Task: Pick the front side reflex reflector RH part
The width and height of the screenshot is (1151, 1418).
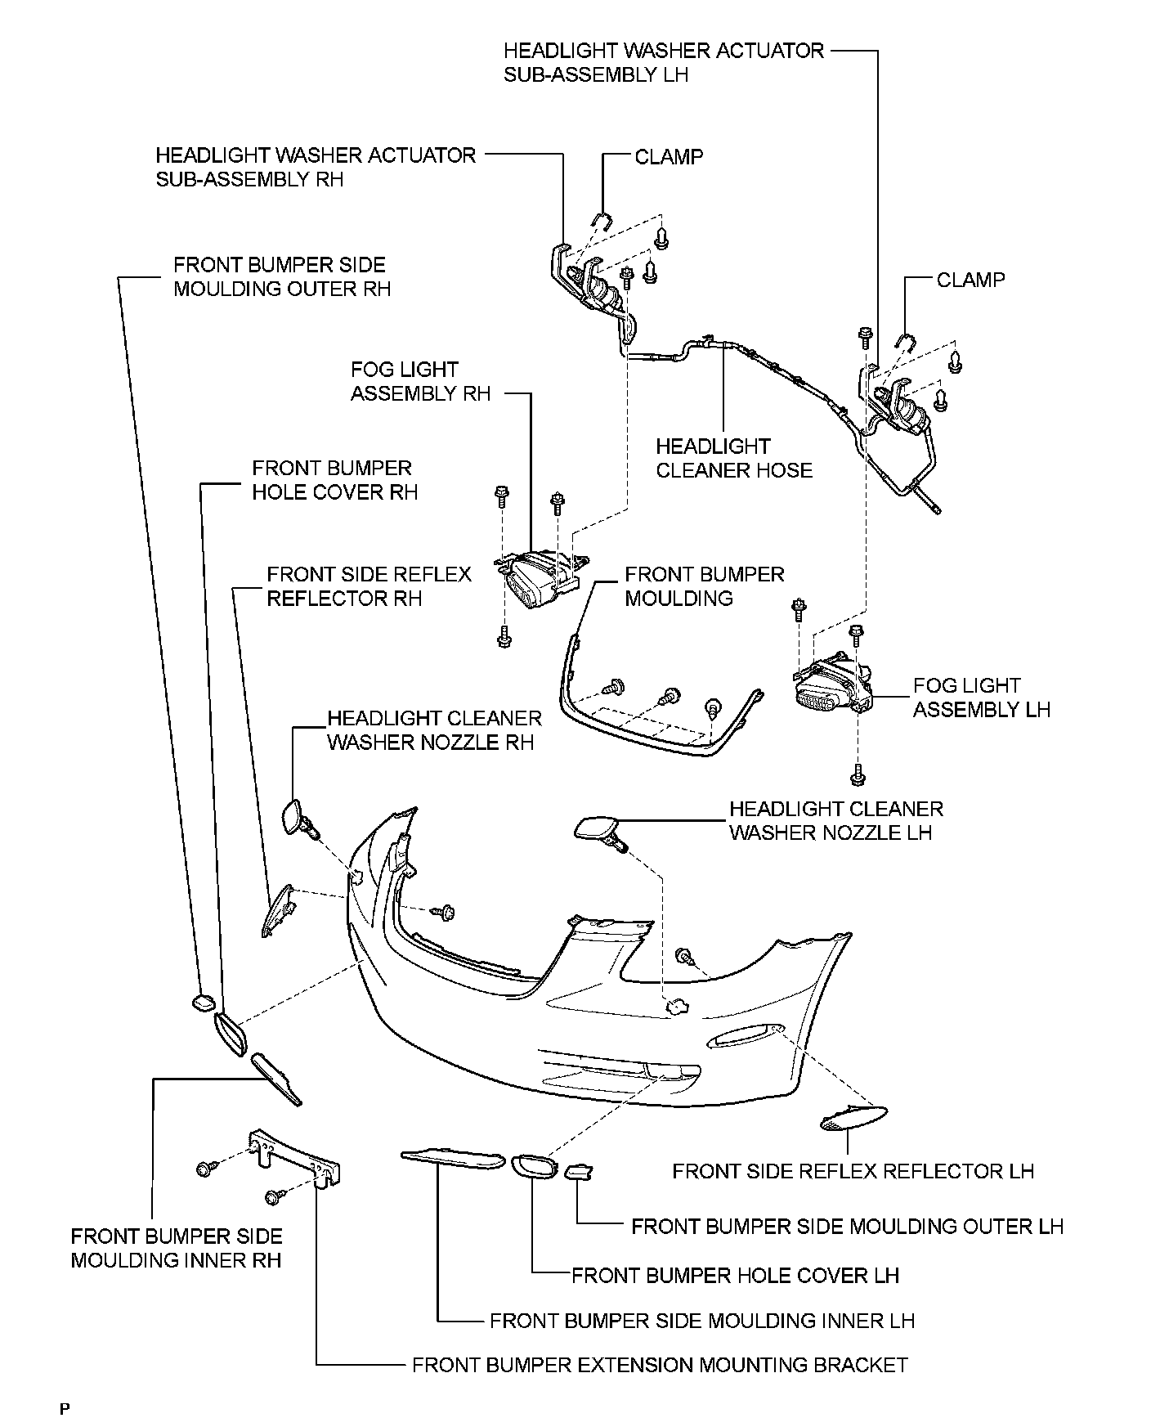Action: [x=276, y=909]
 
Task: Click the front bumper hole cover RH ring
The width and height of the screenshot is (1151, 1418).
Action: [x=230, y=1032]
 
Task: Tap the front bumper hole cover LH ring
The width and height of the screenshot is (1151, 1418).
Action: [x=533, y=1167]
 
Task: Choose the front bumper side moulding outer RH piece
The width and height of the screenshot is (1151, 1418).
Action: [x=202, y=1002]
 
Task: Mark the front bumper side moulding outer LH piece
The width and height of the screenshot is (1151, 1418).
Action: [x=579, y=1173]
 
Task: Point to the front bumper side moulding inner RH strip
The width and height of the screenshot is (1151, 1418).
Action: [x=275, y=1078]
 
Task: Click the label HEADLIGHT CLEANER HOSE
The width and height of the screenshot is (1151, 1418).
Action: [x=733, y=458]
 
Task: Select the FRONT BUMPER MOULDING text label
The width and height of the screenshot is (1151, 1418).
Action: [x=704, y=586]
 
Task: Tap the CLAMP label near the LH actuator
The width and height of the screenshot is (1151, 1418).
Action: [x=970, y=280]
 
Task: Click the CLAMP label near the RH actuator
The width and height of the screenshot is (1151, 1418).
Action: [x=669, y=156]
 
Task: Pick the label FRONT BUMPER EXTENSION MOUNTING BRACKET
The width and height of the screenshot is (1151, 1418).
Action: [x=660, y=1365]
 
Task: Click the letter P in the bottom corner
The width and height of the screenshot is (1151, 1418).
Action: [x=65, y=1408]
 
